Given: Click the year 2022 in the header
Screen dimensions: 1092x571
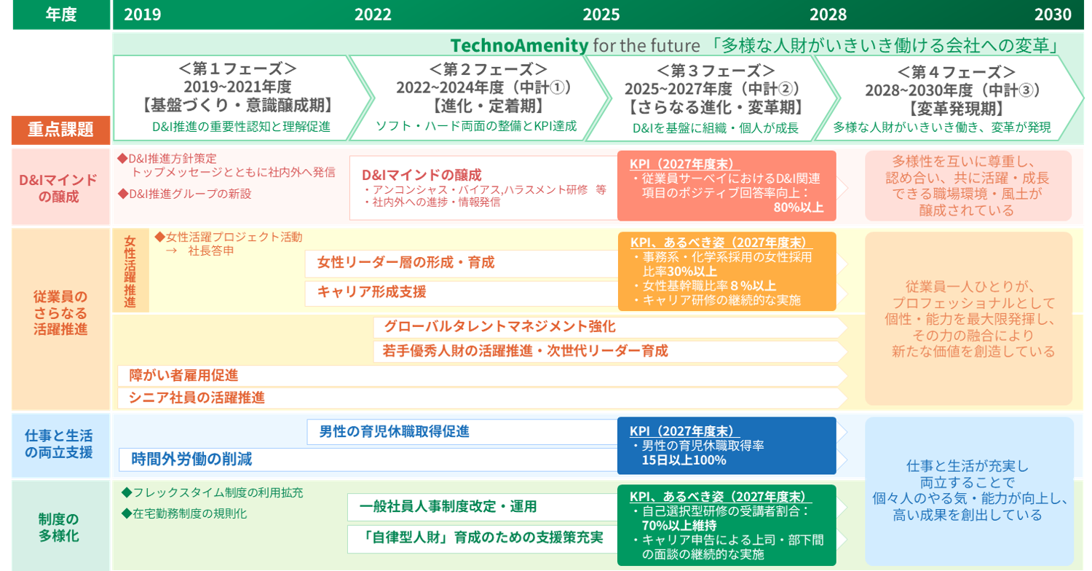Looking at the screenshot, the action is coord(373,14).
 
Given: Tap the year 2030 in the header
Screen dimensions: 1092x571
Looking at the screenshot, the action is coord(1053,14).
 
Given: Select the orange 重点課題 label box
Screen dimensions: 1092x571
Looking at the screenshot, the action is coord(61,130).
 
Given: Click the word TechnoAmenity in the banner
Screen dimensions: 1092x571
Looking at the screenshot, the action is coord(519,45).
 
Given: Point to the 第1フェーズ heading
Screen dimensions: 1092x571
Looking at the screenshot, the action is coord(238,68).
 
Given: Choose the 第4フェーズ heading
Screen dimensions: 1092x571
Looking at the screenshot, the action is coord(956,72).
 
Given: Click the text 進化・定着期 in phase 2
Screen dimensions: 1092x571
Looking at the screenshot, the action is coord(488,106).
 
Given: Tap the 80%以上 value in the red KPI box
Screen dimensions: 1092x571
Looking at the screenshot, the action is coord(799,208).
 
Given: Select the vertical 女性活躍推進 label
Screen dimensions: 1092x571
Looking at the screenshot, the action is coord(130,271).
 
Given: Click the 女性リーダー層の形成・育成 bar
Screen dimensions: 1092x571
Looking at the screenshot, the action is coord(461,264).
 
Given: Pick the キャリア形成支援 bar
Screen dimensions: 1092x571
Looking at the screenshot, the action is coord(461,293).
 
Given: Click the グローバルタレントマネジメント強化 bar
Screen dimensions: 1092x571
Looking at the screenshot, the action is coord(609,327).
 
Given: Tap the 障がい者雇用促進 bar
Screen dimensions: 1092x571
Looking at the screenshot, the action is coord(482,376).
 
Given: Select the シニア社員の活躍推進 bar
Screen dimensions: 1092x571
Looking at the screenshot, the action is coord(482,398).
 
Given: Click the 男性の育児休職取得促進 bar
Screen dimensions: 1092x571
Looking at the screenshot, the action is coord(462,432).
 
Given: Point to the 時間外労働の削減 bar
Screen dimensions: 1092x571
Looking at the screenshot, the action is coord(368,460).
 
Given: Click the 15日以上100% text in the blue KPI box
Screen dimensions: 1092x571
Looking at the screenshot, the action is coord(684,460).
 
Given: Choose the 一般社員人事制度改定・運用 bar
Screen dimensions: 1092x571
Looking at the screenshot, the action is coord(483,507).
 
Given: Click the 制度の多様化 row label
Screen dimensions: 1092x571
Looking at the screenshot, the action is coord(58,527).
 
